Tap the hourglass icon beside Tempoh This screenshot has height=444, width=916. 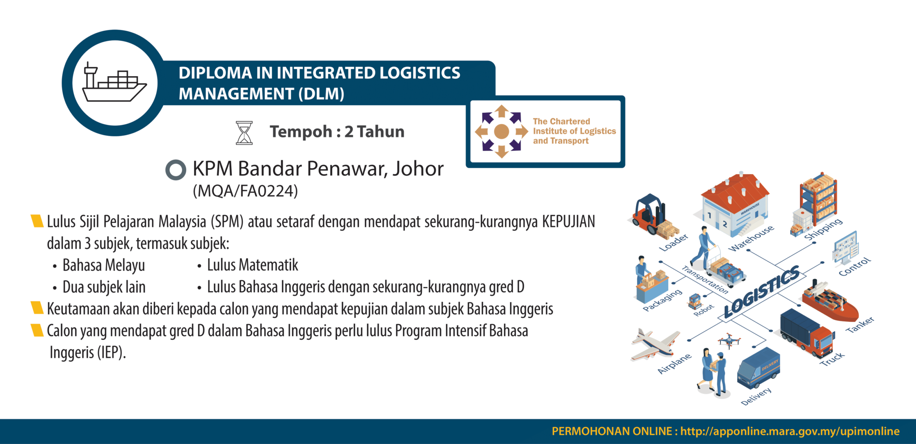[x=244, y=133]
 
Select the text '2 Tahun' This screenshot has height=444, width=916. [x=374, y=132]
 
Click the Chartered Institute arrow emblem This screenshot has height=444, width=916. [x=501, y=132]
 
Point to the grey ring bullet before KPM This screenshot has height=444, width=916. [x=175, y=170]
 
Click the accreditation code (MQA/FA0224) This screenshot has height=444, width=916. [x=245, y=191]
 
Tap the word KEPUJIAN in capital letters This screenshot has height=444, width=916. [x=568, y=222]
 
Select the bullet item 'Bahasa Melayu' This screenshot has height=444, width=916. [x=104, y=265]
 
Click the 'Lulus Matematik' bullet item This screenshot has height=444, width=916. [x=252, y=265]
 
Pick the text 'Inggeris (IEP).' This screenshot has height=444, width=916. [x=88, y=353]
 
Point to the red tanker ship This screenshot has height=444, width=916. [x=830, y=302]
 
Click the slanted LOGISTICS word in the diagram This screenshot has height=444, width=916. [x=761, y=291]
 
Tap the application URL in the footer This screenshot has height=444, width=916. [x=789, y=431]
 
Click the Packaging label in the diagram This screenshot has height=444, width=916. [x=662, y=300]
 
